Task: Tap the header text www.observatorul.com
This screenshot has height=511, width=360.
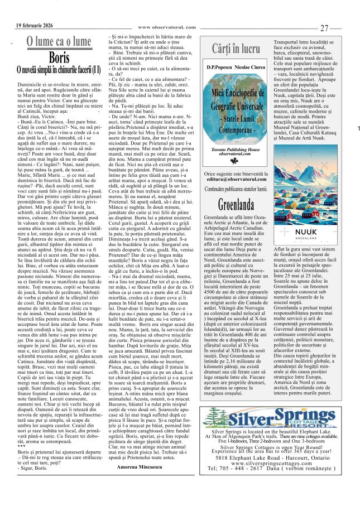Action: (167, 27)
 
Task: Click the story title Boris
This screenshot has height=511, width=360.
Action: (59, 57)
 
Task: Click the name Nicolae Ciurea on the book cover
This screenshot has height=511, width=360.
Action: (252, 68)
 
